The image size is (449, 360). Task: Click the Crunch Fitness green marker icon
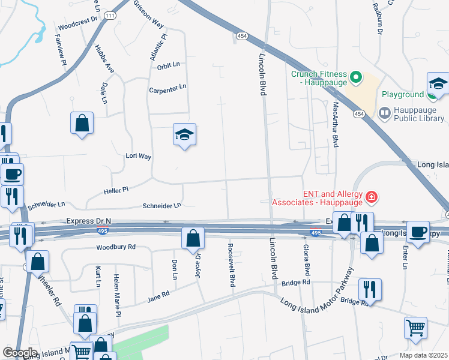point(355,77)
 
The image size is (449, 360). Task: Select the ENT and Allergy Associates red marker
point(372,196)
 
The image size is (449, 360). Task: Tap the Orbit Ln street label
point(169,66)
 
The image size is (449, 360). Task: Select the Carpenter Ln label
point(167,88)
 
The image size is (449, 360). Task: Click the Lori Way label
point(138,156)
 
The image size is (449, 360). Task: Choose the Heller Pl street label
point(117,190)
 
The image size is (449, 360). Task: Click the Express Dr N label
point(89,221)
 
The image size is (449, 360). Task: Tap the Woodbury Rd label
point(116,247)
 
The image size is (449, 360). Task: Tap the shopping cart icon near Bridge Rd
point(415,328)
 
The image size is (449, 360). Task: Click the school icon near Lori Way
point(185,135)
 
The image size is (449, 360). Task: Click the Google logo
point(19,353)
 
